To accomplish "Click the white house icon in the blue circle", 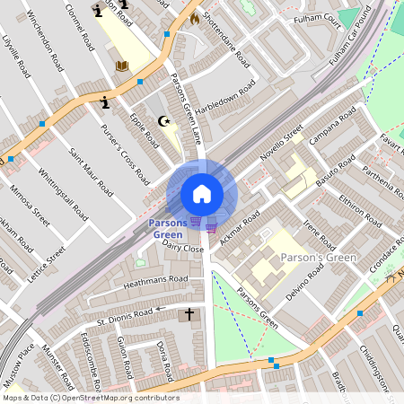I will point(202,194).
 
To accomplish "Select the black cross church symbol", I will point(189,314).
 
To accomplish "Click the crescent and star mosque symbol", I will point(163,120).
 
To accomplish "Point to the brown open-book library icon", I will point(123,66).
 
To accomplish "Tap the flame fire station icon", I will point(194,17).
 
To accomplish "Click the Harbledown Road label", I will point(225,95).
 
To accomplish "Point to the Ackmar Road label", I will point(238,233).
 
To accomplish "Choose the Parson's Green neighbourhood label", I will point(318,259).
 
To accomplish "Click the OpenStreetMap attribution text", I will point(91,398).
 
